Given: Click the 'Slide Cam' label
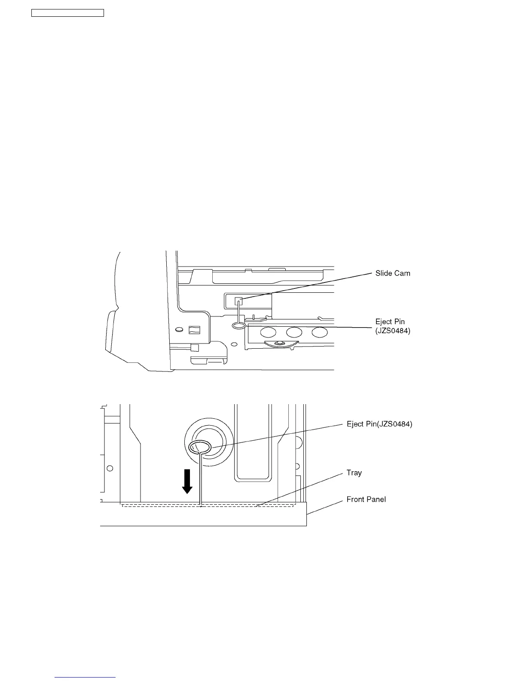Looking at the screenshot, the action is tap(392, 273).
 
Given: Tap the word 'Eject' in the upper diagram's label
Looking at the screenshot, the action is tap(384, 322).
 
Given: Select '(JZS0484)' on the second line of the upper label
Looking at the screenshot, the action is tap(393, 331).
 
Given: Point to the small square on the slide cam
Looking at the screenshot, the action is tap(239, 301).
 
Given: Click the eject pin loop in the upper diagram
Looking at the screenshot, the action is tap(239, 326).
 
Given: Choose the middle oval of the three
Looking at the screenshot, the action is tap(294, 332).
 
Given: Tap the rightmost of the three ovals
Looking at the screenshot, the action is tap(320, 332).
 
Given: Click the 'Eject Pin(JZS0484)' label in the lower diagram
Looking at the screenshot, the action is tap(379, 424).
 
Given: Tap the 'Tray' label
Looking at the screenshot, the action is tap(354, 473).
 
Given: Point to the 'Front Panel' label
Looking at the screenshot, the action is tap(366, 500).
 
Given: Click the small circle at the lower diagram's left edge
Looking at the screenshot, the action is tap(110, 468).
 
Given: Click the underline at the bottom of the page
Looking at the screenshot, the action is tap(86, 678).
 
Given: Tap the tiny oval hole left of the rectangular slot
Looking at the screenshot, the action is tap(178, 330).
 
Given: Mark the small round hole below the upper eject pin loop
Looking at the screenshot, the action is tap(234, 344).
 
